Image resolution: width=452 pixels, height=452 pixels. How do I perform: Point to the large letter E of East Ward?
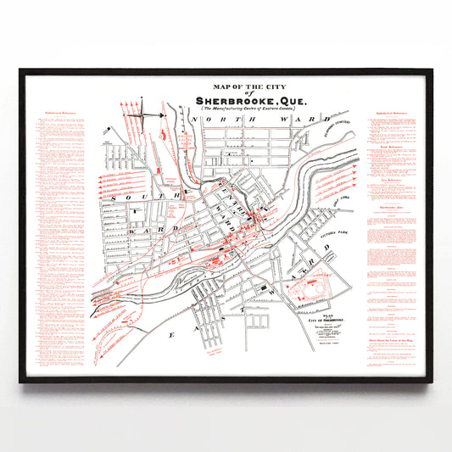pyautogui.click(x=172, y=336)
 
